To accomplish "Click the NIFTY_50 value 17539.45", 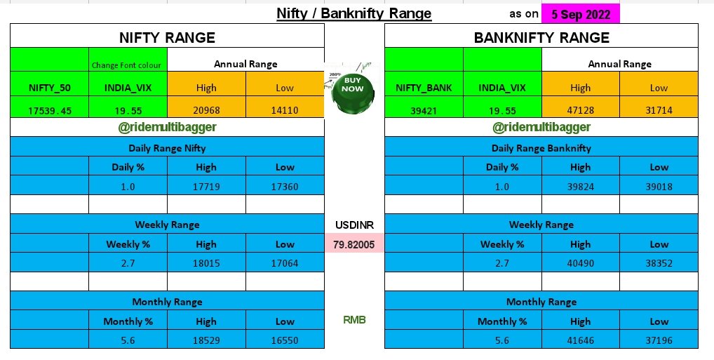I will click(50, 109).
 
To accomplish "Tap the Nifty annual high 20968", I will click(206, 109).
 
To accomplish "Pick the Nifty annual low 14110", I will click(285, 109).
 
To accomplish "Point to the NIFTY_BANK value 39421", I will click(424, 110).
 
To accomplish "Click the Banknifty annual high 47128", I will click(580, 110).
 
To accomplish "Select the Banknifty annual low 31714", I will click(659, 110).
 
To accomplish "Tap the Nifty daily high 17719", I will click(206, 186).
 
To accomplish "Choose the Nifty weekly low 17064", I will click(285, 263).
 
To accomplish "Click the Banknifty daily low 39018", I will click(659, 186).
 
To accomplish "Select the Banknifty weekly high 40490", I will click(580, 263).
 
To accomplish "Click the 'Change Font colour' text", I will click(128, 65).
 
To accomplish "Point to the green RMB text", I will click(354, 320).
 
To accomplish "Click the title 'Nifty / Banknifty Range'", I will click(354, 13).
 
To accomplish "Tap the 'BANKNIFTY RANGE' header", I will click(541, 37).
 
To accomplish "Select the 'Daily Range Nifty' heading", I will click(167, 147).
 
